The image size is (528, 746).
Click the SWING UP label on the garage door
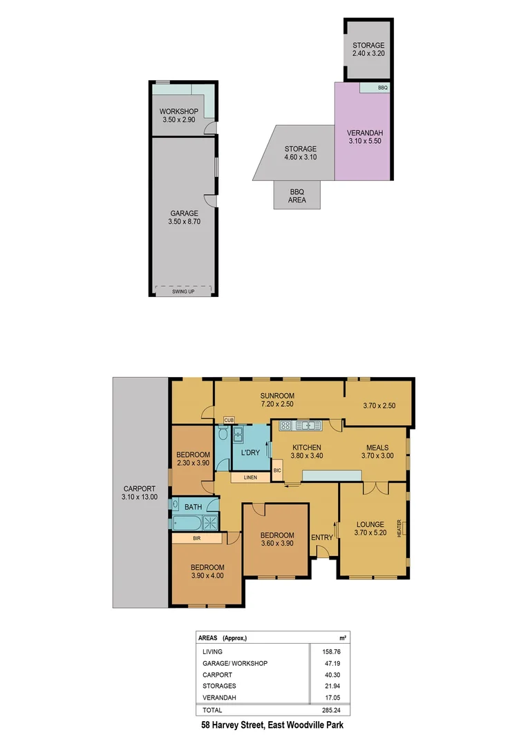183,292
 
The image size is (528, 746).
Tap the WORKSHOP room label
179,112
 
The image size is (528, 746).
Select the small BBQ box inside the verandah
383,88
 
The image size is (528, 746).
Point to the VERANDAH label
365,133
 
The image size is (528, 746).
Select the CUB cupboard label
228,421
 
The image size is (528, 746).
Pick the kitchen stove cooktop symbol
285,425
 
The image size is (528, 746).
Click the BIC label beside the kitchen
277,470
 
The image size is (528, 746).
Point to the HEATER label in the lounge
399,528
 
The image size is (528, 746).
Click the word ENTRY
322,537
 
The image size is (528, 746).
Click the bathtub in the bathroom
187,523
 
